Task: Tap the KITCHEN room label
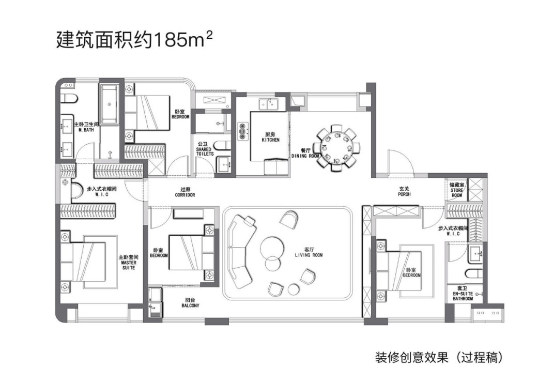(270, 140)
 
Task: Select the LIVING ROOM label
(309, 255)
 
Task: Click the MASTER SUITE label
(128, 265)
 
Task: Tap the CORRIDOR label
(185, 195)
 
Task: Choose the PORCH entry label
(404, 194)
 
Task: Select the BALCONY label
(190, 305)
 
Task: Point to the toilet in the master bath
(68, 98)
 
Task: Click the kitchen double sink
(268, 104)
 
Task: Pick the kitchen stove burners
(242, 131)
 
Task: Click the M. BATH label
(86, 130)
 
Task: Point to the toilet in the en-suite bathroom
(473, 273)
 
